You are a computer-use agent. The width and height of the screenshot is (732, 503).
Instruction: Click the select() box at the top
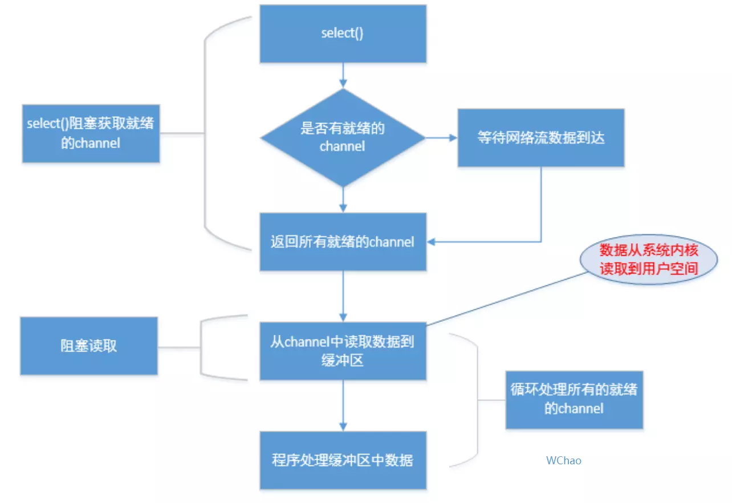click(343, 34)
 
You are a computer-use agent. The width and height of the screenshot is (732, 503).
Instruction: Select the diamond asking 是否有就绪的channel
click(343, 137)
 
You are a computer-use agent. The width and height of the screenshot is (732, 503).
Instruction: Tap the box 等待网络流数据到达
click(540, 138)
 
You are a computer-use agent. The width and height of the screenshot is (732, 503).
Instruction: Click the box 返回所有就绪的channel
click(343, 242)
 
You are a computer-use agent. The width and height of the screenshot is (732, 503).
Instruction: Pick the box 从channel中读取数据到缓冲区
click(343, 351)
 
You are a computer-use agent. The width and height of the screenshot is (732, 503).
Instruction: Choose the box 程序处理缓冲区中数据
click(343, 460)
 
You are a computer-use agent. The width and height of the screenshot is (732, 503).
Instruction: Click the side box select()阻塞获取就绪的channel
click(91, 133)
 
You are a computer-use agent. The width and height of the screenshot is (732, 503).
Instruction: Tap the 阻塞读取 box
click(88, 346)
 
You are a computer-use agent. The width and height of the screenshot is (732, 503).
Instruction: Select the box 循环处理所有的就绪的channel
click(574, 399)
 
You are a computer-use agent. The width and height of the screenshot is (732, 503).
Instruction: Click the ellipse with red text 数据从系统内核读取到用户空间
click(649, 260)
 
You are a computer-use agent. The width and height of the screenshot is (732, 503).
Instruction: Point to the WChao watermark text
click(563, 460)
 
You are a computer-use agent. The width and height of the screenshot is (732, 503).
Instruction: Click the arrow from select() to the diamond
click(343, 75)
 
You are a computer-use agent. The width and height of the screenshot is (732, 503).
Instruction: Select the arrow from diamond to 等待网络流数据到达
click(441, 138)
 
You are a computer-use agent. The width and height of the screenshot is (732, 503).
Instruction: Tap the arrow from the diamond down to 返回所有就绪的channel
click(343, 199)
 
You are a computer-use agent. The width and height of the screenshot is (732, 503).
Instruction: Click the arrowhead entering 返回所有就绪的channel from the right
click(432, 242)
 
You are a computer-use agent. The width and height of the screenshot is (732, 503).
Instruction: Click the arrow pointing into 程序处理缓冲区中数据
click(343, 406)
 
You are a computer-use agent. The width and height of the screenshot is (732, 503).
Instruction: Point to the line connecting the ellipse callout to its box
click(507, 297)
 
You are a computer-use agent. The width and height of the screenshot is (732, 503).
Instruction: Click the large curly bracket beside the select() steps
click(206, 133)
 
